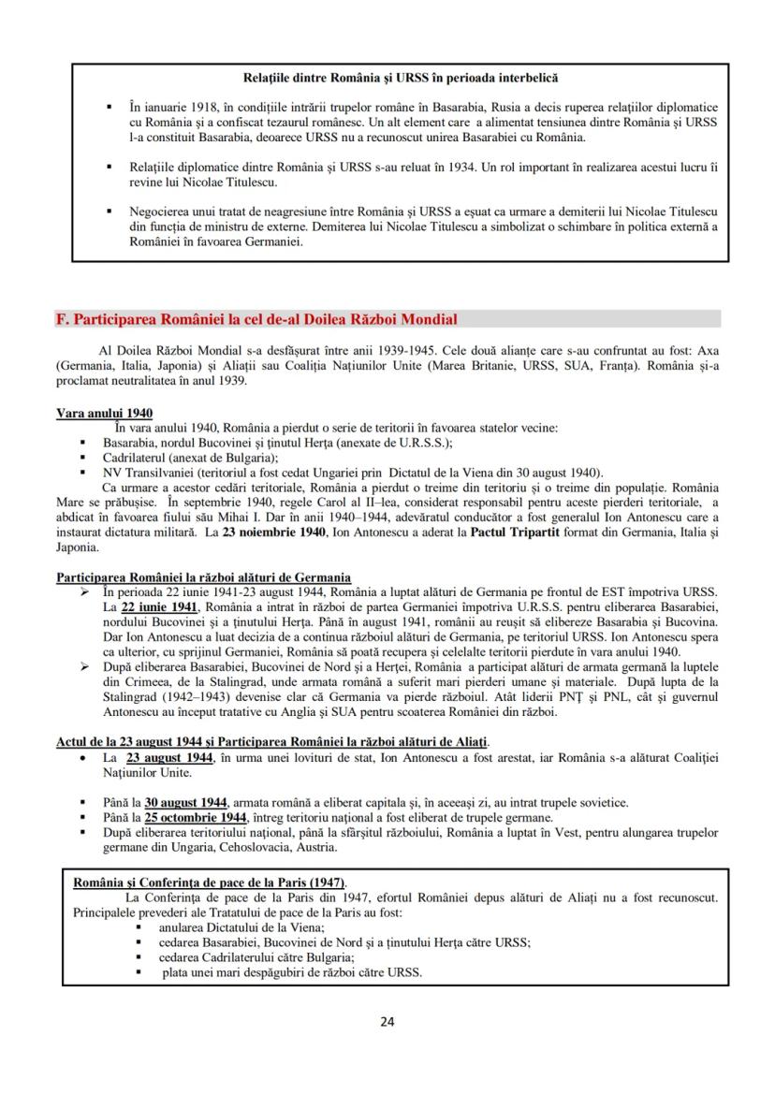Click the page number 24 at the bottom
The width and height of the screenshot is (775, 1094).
pyautogui.click(x=387, y=1021)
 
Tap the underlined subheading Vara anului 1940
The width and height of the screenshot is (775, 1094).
pyautogui.click(x=105, y=414)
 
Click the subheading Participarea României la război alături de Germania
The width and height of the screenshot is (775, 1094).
pyautogui.click(x=203, y=577)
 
